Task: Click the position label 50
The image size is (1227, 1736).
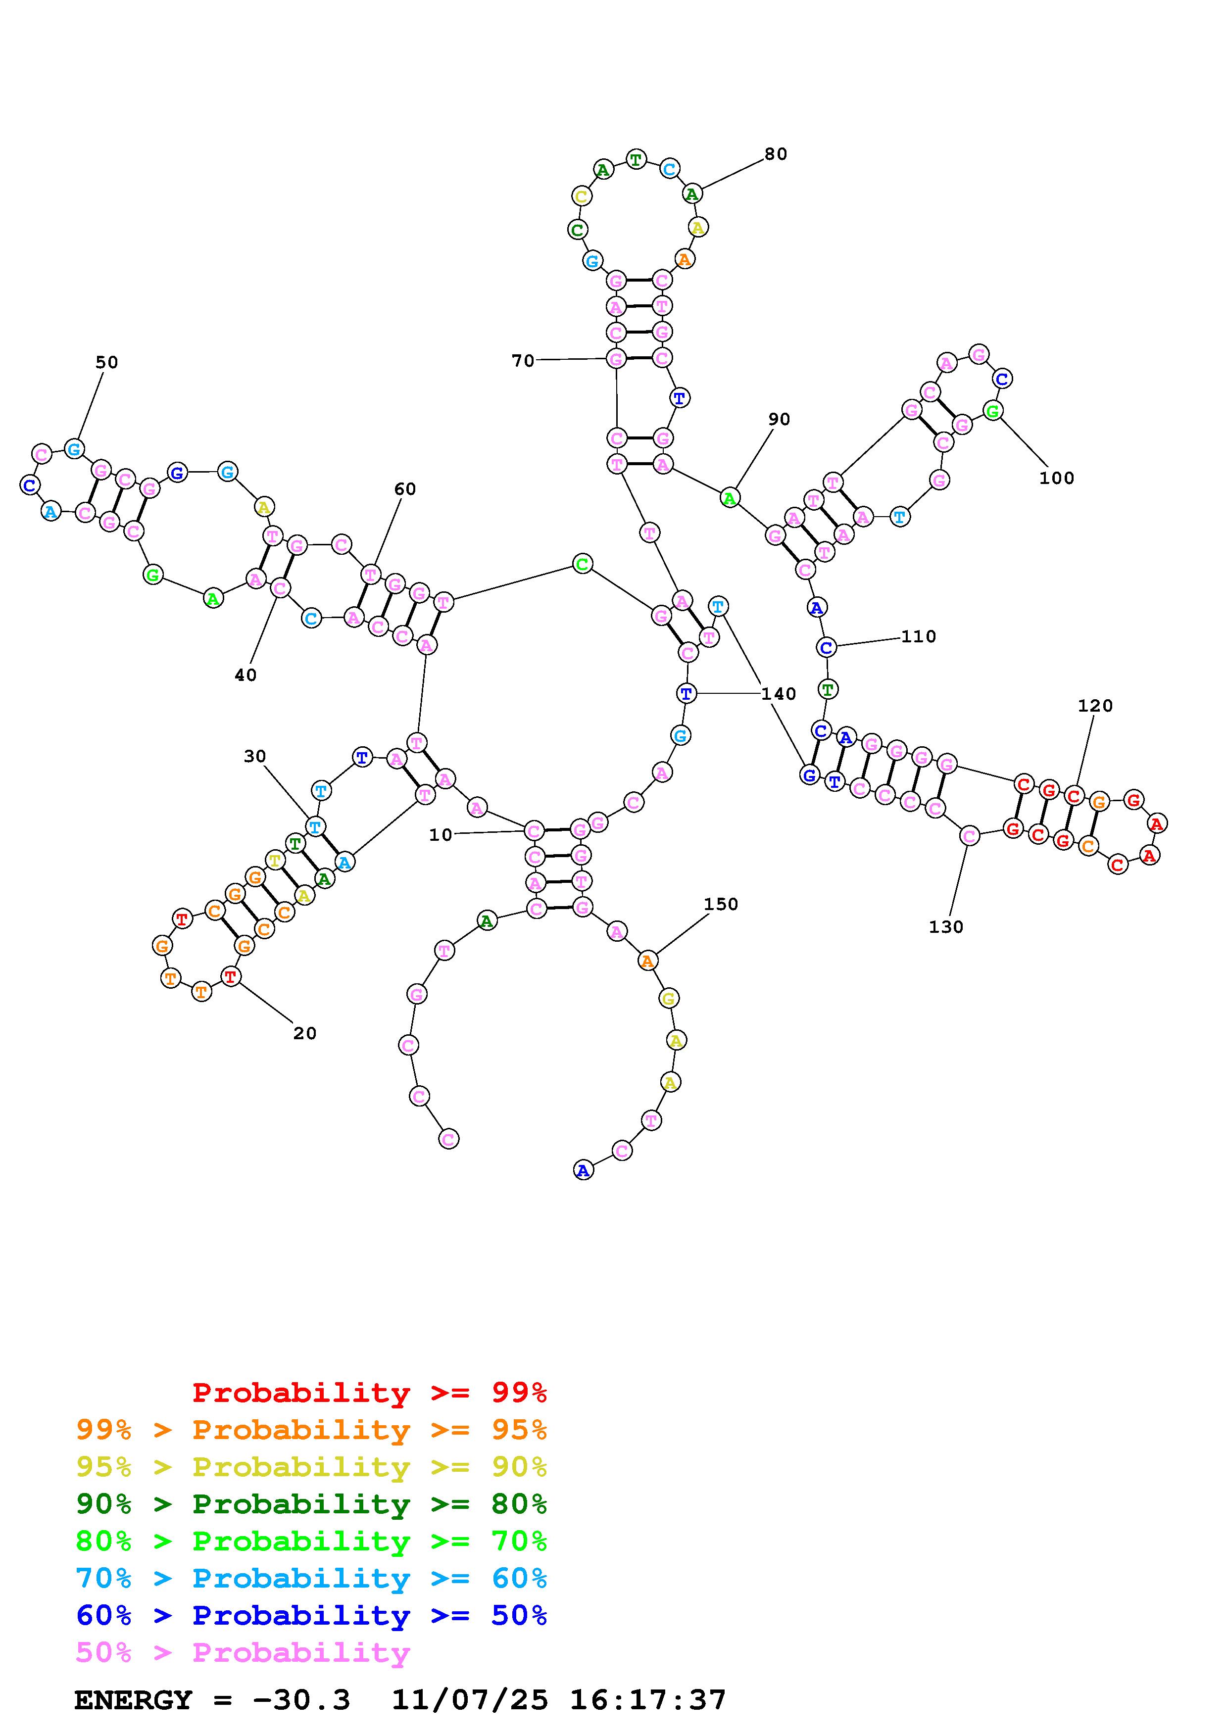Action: pyautogui.click(x=106, y=362)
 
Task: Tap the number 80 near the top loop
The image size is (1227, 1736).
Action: pyautogui.click(x=776, y=154)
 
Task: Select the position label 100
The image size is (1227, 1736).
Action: pyautogui.click(x=1056, y=478)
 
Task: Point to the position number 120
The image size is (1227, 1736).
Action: pyautogui.click(x=1095, y=706)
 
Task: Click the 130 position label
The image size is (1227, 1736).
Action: pyautogui.click(x=946, y=927)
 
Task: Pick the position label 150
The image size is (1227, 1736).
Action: pyautogui.click(x=721, y=904)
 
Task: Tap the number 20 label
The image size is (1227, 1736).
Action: pyautogui.click(x=305, y=1034)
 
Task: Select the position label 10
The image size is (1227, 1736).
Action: pyautogui.click(x=440, y=835)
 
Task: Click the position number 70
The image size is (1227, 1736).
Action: pyautogui.click(x=522, y=361)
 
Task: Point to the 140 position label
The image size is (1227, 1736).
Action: pyautogui.click(x=779, y=694)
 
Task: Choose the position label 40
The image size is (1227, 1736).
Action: pyautogui.click(x=245, y=675)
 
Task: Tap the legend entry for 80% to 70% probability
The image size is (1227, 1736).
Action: pyautogui.click(x=311, y=1541)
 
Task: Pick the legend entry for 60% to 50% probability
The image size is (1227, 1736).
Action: pyautogui.click(x=311, y=1615)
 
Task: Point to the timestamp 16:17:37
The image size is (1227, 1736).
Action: pyautogui.click(x=648, y=1700)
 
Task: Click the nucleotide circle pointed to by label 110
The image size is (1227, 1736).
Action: pyautogui.click(x=826, y=647)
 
